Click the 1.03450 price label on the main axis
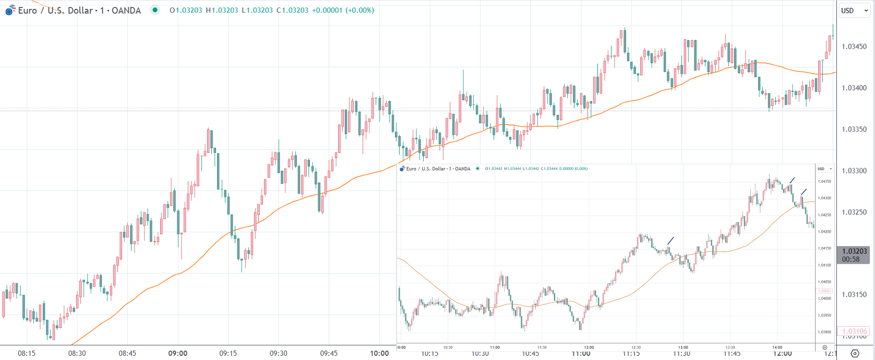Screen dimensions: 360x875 click(854, 46)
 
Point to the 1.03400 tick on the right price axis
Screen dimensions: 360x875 click(854, 88)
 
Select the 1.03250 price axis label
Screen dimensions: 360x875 click(854, 212)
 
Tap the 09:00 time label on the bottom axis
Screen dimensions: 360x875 click(177, 353)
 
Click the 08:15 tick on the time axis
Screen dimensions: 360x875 click(27, 353)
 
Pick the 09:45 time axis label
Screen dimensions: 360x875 click(329, 353)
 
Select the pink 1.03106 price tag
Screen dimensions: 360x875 click(854, 331)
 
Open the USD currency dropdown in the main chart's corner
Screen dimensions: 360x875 click(854, 10)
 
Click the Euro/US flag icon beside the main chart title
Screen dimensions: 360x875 click(10, 10)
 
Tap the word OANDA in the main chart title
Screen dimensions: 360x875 click(126, 10)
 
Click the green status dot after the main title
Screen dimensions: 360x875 click(155, 10)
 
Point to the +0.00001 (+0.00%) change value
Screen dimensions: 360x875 click(343, 10)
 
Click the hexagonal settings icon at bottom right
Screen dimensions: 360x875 click(855, 353)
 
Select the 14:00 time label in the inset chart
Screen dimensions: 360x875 click(777, 347)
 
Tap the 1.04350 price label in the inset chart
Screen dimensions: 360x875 click(824, 182)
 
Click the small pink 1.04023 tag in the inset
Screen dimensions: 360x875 click(824, 291)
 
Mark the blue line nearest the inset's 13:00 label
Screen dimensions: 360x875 click(670, 241)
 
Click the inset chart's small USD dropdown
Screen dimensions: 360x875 click(824, 169)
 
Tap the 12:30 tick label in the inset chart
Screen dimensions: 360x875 click(636, 347)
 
